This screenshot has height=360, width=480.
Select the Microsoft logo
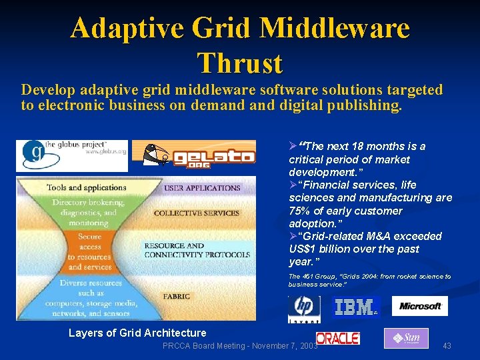419,306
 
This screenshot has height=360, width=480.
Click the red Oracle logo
338,339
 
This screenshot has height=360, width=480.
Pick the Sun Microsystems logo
406,338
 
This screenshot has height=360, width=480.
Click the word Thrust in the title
240,63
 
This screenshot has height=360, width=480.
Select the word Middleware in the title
335,28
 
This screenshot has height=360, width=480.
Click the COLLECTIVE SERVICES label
196,213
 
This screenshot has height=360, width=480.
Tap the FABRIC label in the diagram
177,296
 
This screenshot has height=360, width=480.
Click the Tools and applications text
87,188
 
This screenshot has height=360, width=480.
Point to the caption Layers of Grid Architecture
137,333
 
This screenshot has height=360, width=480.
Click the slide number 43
447,345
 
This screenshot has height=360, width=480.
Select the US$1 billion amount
323,249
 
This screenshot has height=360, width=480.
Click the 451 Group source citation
369,279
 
